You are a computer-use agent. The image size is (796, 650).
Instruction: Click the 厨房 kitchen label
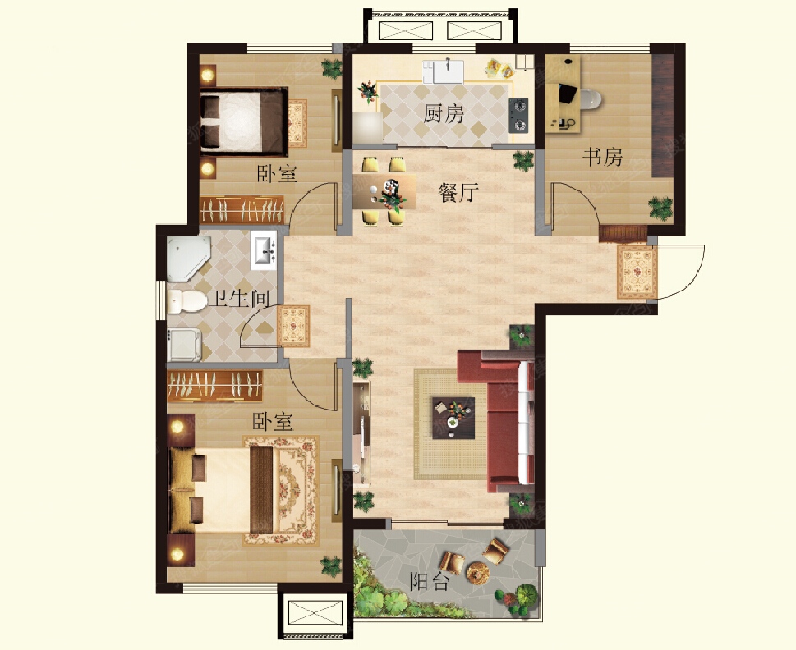point(444,114)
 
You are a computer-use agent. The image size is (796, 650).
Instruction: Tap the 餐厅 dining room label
point(458,193)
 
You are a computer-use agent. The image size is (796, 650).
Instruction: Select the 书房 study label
point(602,158)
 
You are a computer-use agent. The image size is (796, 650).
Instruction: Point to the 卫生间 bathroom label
point(239,298)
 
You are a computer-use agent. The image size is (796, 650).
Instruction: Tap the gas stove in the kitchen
point(518,116)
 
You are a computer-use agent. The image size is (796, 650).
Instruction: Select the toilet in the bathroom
point(186,301)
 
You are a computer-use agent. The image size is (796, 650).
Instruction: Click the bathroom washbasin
point(264,250)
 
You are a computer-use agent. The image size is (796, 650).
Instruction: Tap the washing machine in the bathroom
point(184,345)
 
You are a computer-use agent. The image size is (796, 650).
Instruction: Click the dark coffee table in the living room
point(453,418)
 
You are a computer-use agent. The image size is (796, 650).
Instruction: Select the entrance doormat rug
point(637,272)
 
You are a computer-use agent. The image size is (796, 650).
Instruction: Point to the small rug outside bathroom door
point(293,326)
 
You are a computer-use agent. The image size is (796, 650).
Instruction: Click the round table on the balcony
point(478,574)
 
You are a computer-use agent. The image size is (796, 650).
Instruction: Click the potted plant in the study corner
point(661,208)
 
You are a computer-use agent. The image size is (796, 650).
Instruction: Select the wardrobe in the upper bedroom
point(242,209)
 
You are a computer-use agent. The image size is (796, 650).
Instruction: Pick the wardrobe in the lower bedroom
point(214,386)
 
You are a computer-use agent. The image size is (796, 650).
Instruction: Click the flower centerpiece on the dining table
point(392,195)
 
